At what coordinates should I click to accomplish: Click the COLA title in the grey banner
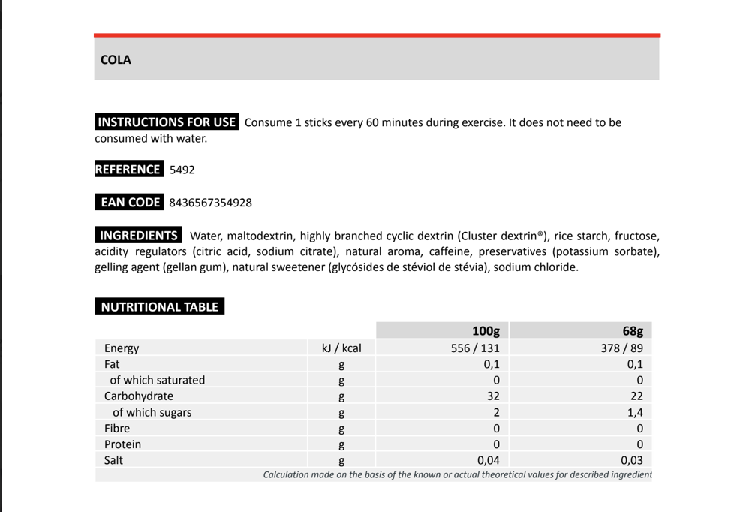pyautogui.click(x=116, y=60)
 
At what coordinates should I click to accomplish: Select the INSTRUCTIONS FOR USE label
pyautogui.click(x=167, y=122)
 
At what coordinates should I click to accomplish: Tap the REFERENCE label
pyautogui.click(x=128, y=170)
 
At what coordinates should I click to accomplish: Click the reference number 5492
pyautogui.click(x=182, y=170)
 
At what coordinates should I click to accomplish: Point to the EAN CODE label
pyautogui.click(x=130, y=203)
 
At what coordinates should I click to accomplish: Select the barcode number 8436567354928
pyautogui.click(x=211, y=203)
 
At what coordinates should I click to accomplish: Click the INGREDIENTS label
pyautogui.click(x=139, y=236)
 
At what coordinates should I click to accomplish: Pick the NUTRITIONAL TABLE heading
pyautogui.click(x=159, y=307)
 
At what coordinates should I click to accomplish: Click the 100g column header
pyautogui.click(x=486, y=331)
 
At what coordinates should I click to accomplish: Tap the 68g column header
pyautogui.click(x=633, y=331)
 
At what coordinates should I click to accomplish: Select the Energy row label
pyautogui.click(x=122, y=348)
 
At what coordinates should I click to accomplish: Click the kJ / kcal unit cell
pyautogui.click(x=341, y=348)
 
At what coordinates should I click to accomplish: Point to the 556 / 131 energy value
pyautogui.click(x=475, y=348)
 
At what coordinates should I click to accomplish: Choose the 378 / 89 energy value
pyautogui.click(x=622, y=348)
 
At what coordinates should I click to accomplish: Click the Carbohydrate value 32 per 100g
pyautogui.click(x=493, y=396)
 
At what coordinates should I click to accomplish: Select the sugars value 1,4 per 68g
pyautogui.click(x=635, y=413)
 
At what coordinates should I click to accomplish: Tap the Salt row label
pyautogui.click(x=113, y=460)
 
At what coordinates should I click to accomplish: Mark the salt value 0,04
pyautogui.click(x=489, y=461)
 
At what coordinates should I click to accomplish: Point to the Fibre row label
pyautogui.click(x=117, y=429)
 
